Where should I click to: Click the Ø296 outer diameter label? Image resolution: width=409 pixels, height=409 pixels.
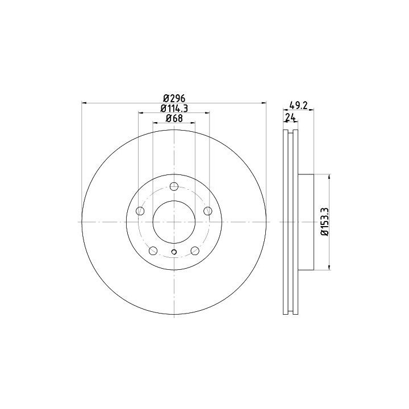coord(174,99)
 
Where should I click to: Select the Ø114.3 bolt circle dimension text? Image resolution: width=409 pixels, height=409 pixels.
coord(174,108)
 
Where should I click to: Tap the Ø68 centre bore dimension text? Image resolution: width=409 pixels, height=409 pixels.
coord(174,118)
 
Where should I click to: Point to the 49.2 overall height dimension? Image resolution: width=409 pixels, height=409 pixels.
coord(299,105)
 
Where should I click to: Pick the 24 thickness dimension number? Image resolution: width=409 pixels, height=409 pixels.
coord(291,118)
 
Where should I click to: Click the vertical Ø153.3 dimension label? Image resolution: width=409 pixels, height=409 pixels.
coord(325,222)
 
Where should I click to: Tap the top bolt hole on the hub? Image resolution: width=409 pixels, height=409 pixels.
coord(174,186)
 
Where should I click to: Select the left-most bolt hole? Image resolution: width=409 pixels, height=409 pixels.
coord(140,211)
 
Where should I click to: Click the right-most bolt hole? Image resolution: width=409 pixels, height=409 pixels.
coord(208,211)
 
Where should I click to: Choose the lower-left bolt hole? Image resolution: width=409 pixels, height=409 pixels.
coord(153,251)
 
